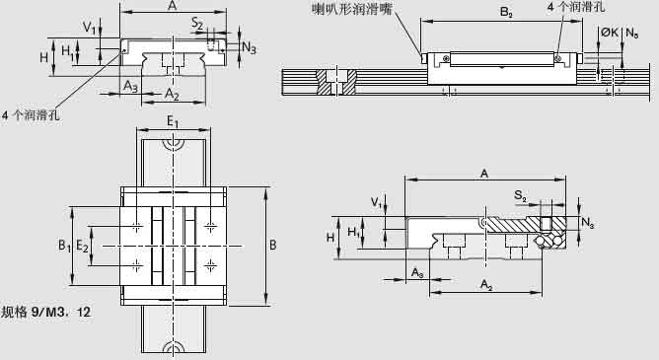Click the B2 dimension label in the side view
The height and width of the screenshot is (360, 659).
pyautogui.click(x=505, y=14)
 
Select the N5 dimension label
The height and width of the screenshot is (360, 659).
pyautogui.click(x=632, y=34)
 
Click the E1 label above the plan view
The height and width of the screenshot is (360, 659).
pyautogui.click(x=173, y=121)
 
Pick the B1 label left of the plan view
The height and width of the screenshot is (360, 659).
pyautogui.click(x=63, y=243)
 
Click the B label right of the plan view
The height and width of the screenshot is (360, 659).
pyautogui.click(x=273, y=244)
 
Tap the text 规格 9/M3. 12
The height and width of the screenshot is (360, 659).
pyautogui.click(x=46, y=313)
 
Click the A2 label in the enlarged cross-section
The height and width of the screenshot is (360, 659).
pyautogui.click(x=486, y=283)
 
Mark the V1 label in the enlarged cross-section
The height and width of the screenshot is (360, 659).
pyautogui.click(x=376, y=202)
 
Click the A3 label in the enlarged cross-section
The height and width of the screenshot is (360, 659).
pyautogui.click(x=418, y=270)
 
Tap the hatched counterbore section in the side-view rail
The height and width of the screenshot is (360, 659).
pyautogui.click(x=337, y=82)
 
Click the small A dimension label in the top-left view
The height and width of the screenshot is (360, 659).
pyautogui.click(x=173, y=5)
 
